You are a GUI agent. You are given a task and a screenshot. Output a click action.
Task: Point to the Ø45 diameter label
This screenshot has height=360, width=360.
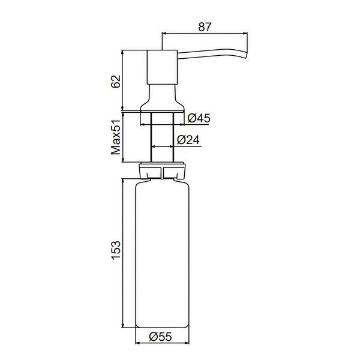point(199,119)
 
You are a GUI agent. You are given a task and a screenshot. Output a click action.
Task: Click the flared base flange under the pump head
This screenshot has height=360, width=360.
point(162,103)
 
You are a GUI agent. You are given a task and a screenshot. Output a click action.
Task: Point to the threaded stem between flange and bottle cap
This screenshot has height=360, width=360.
point(162,138)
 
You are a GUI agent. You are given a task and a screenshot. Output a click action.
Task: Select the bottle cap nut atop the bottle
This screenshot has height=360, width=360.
point(162,171)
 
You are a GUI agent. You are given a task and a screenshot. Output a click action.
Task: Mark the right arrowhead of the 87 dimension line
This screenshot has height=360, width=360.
point(245,34)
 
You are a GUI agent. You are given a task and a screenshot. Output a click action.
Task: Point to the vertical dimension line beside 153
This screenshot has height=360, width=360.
point(124,252)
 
